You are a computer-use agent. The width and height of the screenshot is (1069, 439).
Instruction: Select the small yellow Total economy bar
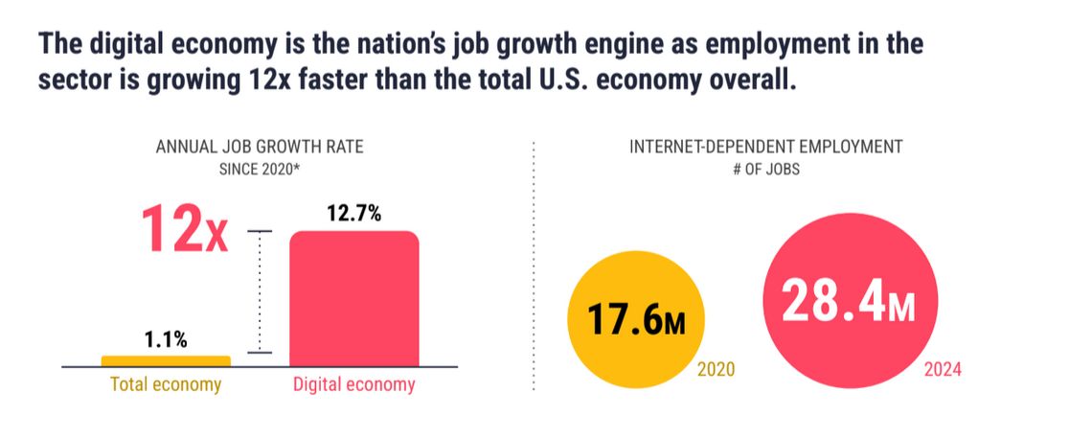tap(166, 360)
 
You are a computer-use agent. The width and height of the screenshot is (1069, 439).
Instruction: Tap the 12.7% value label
tap(354, 214)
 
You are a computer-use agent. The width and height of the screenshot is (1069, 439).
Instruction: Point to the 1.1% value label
tap(166, 339)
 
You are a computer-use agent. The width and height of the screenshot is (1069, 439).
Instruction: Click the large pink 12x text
tap(185, 231)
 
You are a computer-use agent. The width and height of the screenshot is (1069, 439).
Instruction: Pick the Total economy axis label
tap(166, 385)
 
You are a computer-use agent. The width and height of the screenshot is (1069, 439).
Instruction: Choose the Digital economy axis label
tap(353, 385)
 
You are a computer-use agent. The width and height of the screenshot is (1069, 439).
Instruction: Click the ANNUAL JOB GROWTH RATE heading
tap(260, 149)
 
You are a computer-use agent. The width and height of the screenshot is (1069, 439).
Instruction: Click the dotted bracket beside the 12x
tap(260, 292)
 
